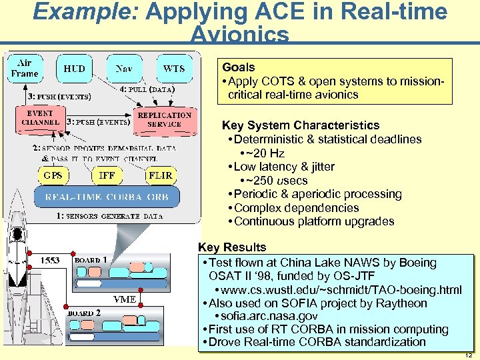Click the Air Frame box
click(x=25, y=68)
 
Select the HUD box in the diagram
click(x=74, y=69)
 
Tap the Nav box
click(x=123, y=69)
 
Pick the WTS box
click(x=173, y=69)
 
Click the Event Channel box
click(x=41, y=118)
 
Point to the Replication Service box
click(x=165, y=119)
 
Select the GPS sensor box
click(x=53, y=175)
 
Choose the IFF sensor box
click(x=106, y=175)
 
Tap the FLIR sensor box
click(x=160, y=175)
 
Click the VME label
click(x=125, y=299)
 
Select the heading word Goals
click(x=239, y=67)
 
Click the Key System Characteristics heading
click(x=301, y=125)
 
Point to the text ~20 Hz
click(x=266, y=153)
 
